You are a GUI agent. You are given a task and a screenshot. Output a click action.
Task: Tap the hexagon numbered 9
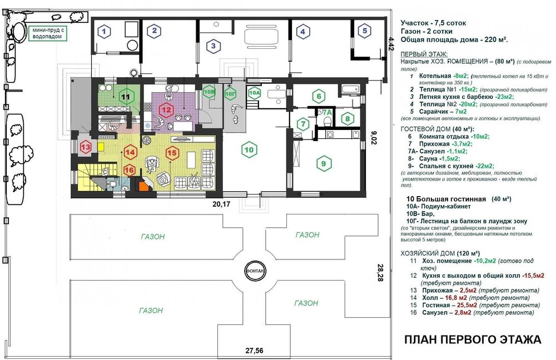pos(321,163)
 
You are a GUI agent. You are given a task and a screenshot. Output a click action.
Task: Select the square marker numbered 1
pos(103,32)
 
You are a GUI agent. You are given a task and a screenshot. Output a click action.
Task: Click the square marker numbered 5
pos(365,31)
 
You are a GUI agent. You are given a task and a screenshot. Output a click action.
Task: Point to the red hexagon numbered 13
pos(86,147)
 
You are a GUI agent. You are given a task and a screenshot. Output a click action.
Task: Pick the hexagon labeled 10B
pos(209,92)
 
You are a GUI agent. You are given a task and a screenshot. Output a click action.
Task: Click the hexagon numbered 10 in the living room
pos(249,149)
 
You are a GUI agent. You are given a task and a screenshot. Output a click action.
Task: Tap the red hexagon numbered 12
pos(166,109)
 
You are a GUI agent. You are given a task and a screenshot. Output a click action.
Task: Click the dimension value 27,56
pos(256,351)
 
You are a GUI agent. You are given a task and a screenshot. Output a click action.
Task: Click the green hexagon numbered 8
pos(346,118)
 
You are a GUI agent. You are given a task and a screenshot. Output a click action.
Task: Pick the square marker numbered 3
pos(212,46)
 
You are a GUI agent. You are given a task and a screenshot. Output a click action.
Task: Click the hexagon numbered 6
pos(318,97)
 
